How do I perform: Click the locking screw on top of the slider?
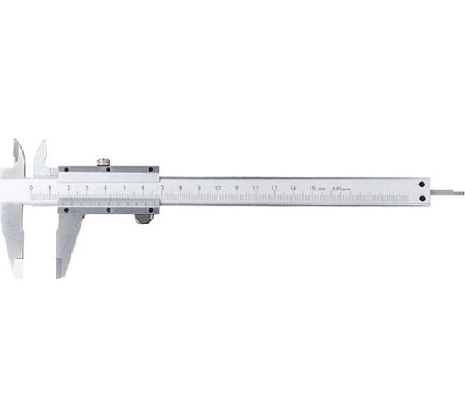click(x=102, y=160)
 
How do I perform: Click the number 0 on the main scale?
click(x=30, y=189)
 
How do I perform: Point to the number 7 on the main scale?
click(x=161, y=189)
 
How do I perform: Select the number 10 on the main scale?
click(x=218, y=189)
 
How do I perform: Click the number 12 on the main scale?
click(x=255, y=189)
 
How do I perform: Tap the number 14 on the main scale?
click(x=293, y=189)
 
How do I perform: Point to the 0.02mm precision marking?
click(x=341, y=189)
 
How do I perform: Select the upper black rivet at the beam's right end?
click(x=423, y=185)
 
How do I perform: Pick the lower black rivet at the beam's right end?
click(x=423, y=199)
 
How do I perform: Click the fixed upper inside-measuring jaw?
click(x=18, y=154)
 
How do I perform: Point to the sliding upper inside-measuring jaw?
click(x=41, y=154)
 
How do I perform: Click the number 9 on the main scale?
click(x=198, y=189)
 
